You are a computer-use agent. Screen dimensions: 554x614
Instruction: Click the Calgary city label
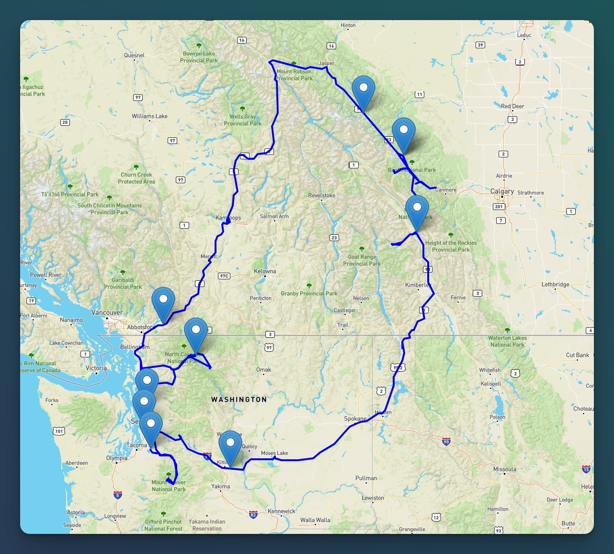point(502,191)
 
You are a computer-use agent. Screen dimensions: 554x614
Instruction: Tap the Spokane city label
point(355,419)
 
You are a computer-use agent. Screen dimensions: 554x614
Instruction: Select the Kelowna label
point(265,271)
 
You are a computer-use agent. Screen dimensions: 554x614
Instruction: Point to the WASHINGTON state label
point(239,399)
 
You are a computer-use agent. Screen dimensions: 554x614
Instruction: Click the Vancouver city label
point(107,313)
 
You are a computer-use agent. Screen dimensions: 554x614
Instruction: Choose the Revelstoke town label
point(322,196)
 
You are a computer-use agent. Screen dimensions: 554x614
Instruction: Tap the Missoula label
point(505,469)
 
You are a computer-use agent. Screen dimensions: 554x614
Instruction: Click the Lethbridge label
point(555,285)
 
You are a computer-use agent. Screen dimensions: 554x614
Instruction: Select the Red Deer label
point(512,106)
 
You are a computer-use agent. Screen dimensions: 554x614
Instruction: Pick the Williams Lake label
point(149,116)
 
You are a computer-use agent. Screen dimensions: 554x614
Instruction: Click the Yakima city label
point(220,487)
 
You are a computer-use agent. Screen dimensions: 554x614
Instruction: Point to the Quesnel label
point(134,55)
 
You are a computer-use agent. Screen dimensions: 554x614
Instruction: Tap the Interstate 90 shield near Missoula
point(446,442)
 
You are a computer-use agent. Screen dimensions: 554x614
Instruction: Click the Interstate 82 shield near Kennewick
point(253,514)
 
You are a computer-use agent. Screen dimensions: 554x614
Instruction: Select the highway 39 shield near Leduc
point(480,45)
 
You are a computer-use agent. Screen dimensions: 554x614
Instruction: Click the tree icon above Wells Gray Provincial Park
point(242,109)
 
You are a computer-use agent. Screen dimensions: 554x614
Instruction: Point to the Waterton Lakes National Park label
point(507,341)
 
